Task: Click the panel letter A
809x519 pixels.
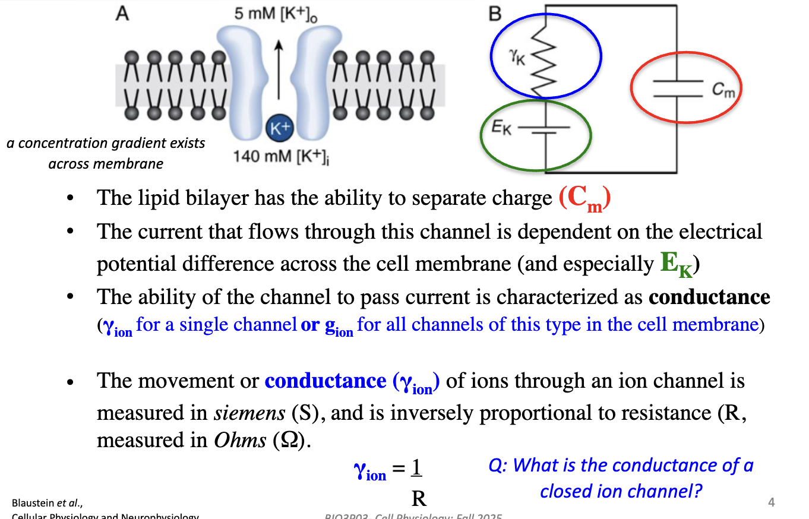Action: click(x=122, y=14)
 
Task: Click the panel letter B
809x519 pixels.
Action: click(x=495, y=14)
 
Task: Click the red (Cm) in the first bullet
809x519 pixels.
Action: click(x=585, y=199)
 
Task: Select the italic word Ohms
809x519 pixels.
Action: click(x=241, y=440)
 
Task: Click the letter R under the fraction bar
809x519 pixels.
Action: click(x=419, y=498)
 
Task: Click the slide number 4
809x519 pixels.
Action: click(x=771, y=503)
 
